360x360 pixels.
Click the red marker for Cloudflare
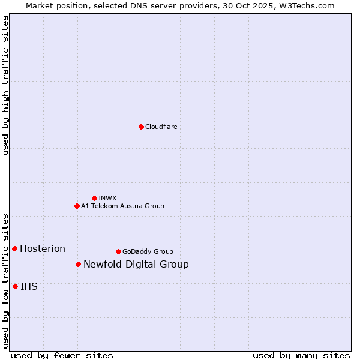(x=141, y=127)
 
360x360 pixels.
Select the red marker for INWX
(x=94, y=198)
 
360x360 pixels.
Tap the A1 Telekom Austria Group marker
(x=77, y=206)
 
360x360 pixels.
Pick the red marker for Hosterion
(x=14, y=248)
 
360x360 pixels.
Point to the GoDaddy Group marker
(x=118, y=251)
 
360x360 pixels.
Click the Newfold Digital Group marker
(x=78, y=264)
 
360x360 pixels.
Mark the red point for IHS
(x=15, y=286)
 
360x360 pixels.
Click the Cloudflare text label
(x=161, y=127)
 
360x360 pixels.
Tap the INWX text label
(x=107, y=198)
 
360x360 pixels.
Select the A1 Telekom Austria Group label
(x=122, y=206)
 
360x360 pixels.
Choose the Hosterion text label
(x=43, y=248)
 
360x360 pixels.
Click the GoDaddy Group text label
(x=148, y=251)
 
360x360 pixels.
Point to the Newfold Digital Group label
(x=136, y=264)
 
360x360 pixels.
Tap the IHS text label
(x=29, y=286)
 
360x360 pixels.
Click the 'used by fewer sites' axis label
(x=62, y=355)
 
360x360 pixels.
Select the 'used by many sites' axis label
(x=301, y=355)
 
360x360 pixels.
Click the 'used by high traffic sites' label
(x=5, y=85)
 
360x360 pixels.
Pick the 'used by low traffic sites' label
(x=5, y=280)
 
